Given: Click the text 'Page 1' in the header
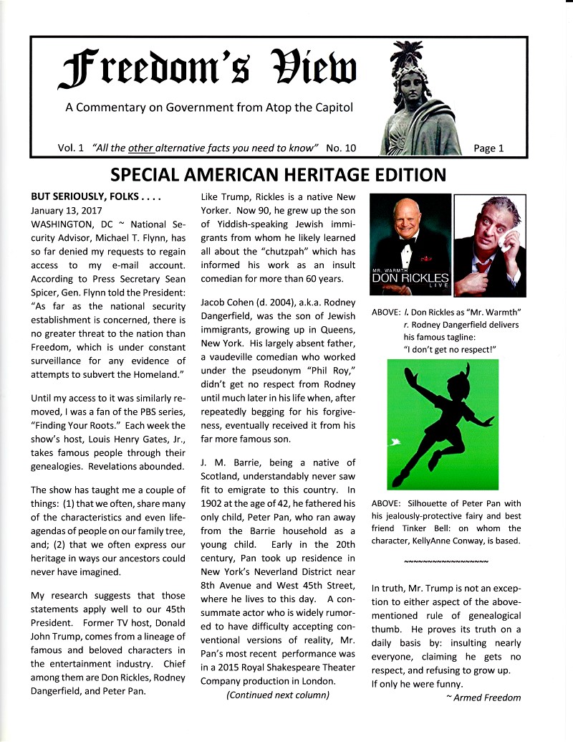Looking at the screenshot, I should pos(488,148).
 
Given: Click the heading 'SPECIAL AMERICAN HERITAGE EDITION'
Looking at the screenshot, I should pos(278,174).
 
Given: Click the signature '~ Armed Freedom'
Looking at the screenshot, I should pos(483,698).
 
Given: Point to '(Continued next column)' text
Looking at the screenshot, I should pos(278,695).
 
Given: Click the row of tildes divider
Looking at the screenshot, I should pos(446,560).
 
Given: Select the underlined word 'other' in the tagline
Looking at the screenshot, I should pos(143,148).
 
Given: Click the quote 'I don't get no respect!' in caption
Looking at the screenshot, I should pos(451,349).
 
